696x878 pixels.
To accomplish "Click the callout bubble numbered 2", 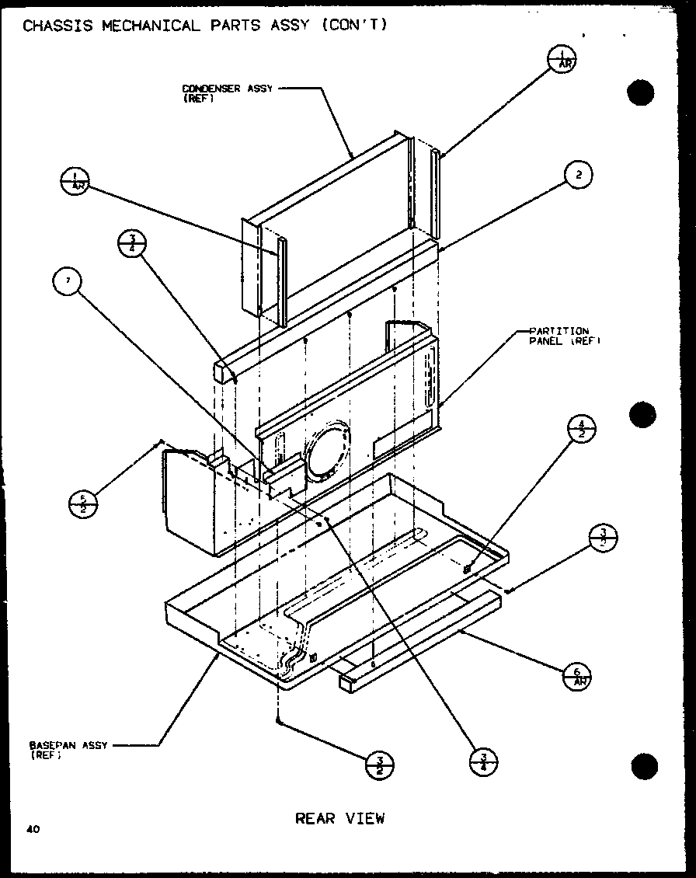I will point(577,176).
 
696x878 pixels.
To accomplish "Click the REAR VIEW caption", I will point(340,818).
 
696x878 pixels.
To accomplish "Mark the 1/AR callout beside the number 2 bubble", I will point(561,60).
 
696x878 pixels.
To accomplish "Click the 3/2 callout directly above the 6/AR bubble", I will point(603,538).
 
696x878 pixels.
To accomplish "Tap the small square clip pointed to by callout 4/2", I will point(467,570).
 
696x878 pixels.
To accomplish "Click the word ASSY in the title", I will point(287,25).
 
